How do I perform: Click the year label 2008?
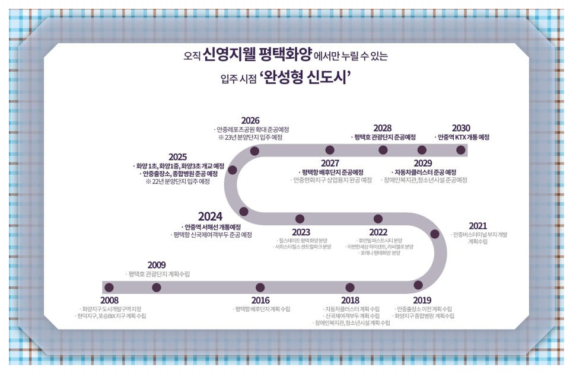coord(109,301)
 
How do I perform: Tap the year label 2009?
coord(157,265)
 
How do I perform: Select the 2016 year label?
coord(260,301)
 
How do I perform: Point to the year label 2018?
coord(351,301)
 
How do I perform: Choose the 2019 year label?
coord(422,301)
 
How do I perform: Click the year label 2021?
coord(477,226)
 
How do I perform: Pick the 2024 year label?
coord(210,216)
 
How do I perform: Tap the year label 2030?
coord(461,128)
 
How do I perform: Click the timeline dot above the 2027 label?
coord(330,150)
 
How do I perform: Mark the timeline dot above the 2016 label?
coord(260,287)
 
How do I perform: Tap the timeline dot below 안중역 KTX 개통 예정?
coord(460,150)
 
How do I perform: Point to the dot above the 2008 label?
coord(109,287)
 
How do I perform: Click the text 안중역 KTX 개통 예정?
coord(462,138)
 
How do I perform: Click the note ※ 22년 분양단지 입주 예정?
coord(178,182)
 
